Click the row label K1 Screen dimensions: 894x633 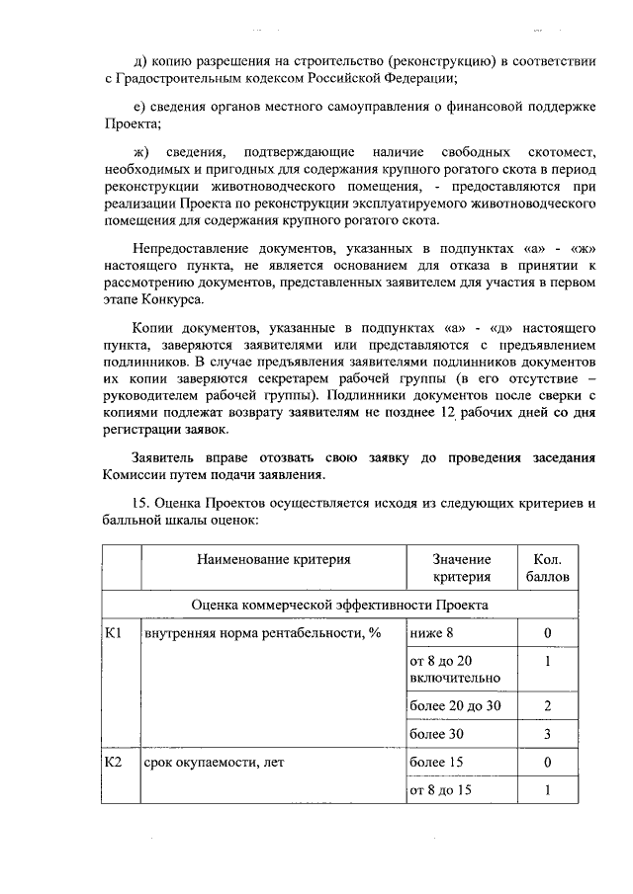pyautogui.click(x=114, y=633)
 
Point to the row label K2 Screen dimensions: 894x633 pyautogui.click(x=114, y=763)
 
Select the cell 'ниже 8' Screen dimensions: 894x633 pyautogui.click(x=431, y=633)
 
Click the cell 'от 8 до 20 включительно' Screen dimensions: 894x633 pyautogui.click(x=454, y=670)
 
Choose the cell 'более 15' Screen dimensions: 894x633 pyautogui.click(x=436, y=763)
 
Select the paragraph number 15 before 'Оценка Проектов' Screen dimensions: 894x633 pyautogui.click(x=140, y=503)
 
